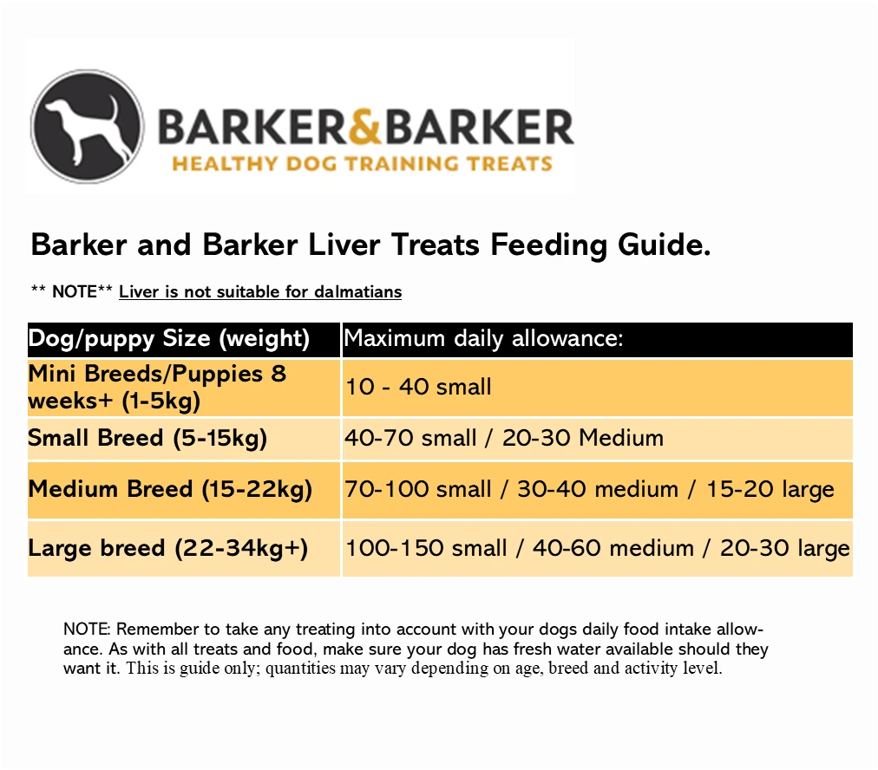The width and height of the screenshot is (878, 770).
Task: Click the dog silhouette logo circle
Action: click(88, 127)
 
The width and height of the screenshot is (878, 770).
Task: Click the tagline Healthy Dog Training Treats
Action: click(363, 164)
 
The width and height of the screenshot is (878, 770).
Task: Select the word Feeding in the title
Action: click(548, 245)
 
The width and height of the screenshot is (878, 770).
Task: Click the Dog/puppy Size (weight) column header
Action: click(169, 339)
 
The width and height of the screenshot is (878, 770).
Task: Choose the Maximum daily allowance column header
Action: click(483, 338)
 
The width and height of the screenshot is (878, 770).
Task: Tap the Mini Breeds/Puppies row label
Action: click(157, 388)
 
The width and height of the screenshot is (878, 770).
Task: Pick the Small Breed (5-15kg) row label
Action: click(147, 438)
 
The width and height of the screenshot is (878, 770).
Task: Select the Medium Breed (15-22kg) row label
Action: click(170, 490)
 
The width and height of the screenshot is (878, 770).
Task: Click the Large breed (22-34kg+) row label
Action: click(168, 548)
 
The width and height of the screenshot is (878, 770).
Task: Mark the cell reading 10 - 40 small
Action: click(418, 387)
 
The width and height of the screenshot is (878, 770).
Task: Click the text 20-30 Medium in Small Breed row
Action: click(583, 438)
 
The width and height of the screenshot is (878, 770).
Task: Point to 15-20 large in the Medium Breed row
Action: click(770, 490)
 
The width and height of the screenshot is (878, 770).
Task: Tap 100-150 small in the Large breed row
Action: click(426, 548)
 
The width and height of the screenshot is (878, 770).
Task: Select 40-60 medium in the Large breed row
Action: click(613, 548)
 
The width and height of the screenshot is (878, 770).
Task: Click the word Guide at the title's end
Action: click(665, 245)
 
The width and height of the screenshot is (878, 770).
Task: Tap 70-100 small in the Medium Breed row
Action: click(417, 490)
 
